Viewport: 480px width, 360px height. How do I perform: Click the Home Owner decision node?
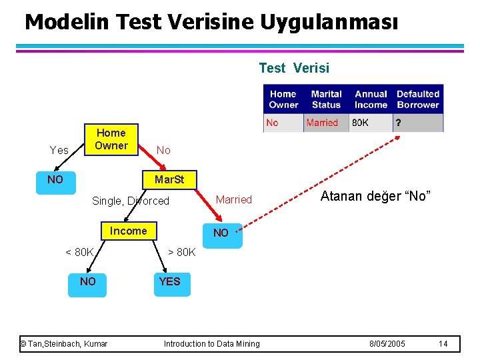111,139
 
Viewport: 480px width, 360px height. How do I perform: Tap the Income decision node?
128,231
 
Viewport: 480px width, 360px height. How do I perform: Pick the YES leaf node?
169,281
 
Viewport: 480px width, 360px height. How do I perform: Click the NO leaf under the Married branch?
221,233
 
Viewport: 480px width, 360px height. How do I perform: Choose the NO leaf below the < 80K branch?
88,281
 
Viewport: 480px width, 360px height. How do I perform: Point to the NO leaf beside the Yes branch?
55,180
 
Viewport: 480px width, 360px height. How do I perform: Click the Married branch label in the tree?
234,199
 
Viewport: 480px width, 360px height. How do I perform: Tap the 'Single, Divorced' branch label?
131,201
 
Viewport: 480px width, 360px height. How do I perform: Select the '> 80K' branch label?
181,252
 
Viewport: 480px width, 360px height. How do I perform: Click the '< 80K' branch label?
79,252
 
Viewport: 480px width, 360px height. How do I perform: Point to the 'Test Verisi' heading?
294,68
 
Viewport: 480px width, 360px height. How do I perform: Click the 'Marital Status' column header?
326,99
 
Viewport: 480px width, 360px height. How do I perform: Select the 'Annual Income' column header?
371,99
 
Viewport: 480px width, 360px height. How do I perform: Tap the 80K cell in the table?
361,123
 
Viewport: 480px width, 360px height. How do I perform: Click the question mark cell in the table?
399,123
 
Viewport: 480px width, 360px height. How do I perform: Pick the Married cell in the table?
322,123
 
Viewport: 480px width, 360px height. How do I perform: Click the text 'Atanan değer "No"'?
376,196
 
